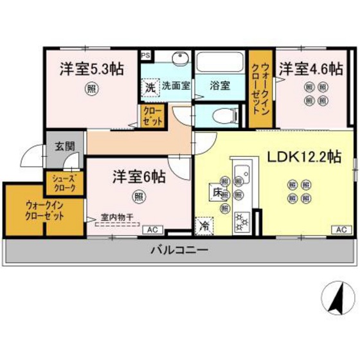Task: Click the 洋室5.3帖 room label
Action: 93,69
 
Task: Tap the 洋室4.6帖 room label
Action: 309,69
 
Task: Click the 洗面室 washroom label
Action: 175,85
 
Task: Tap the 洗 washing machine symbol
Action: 150,85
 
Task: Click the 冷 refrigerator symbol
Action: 204,225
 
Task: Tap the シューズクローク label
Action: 62,183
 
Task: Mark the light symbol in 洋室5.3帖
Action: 93,89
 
